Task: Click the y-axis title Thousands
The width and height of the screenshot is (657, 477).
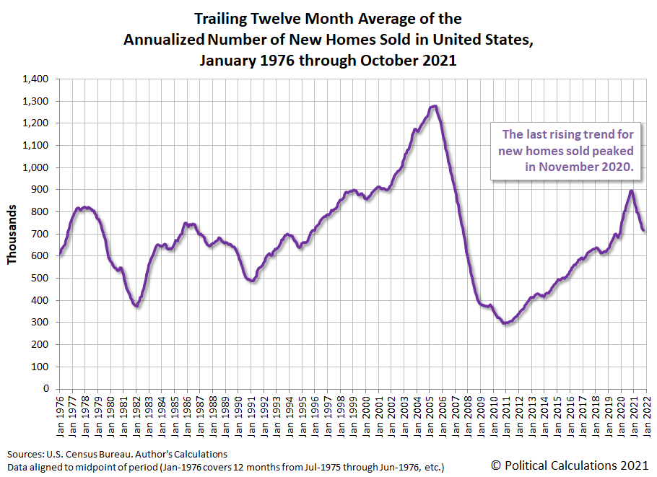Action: coord(12,234)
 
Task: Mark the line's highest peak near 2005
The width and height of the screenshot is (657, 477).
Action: coord(434,106)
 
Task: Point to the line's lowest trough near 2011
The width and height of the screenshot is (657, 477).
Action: coord(505,323)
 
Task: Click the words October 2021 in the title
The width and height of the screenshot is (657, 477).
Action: coord(412,61)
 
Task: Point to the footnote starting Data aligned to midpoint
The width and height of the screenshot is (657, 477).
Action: coord(225,467)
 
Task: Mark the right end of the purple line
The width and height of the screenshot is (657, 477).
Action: coord(644,230)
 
